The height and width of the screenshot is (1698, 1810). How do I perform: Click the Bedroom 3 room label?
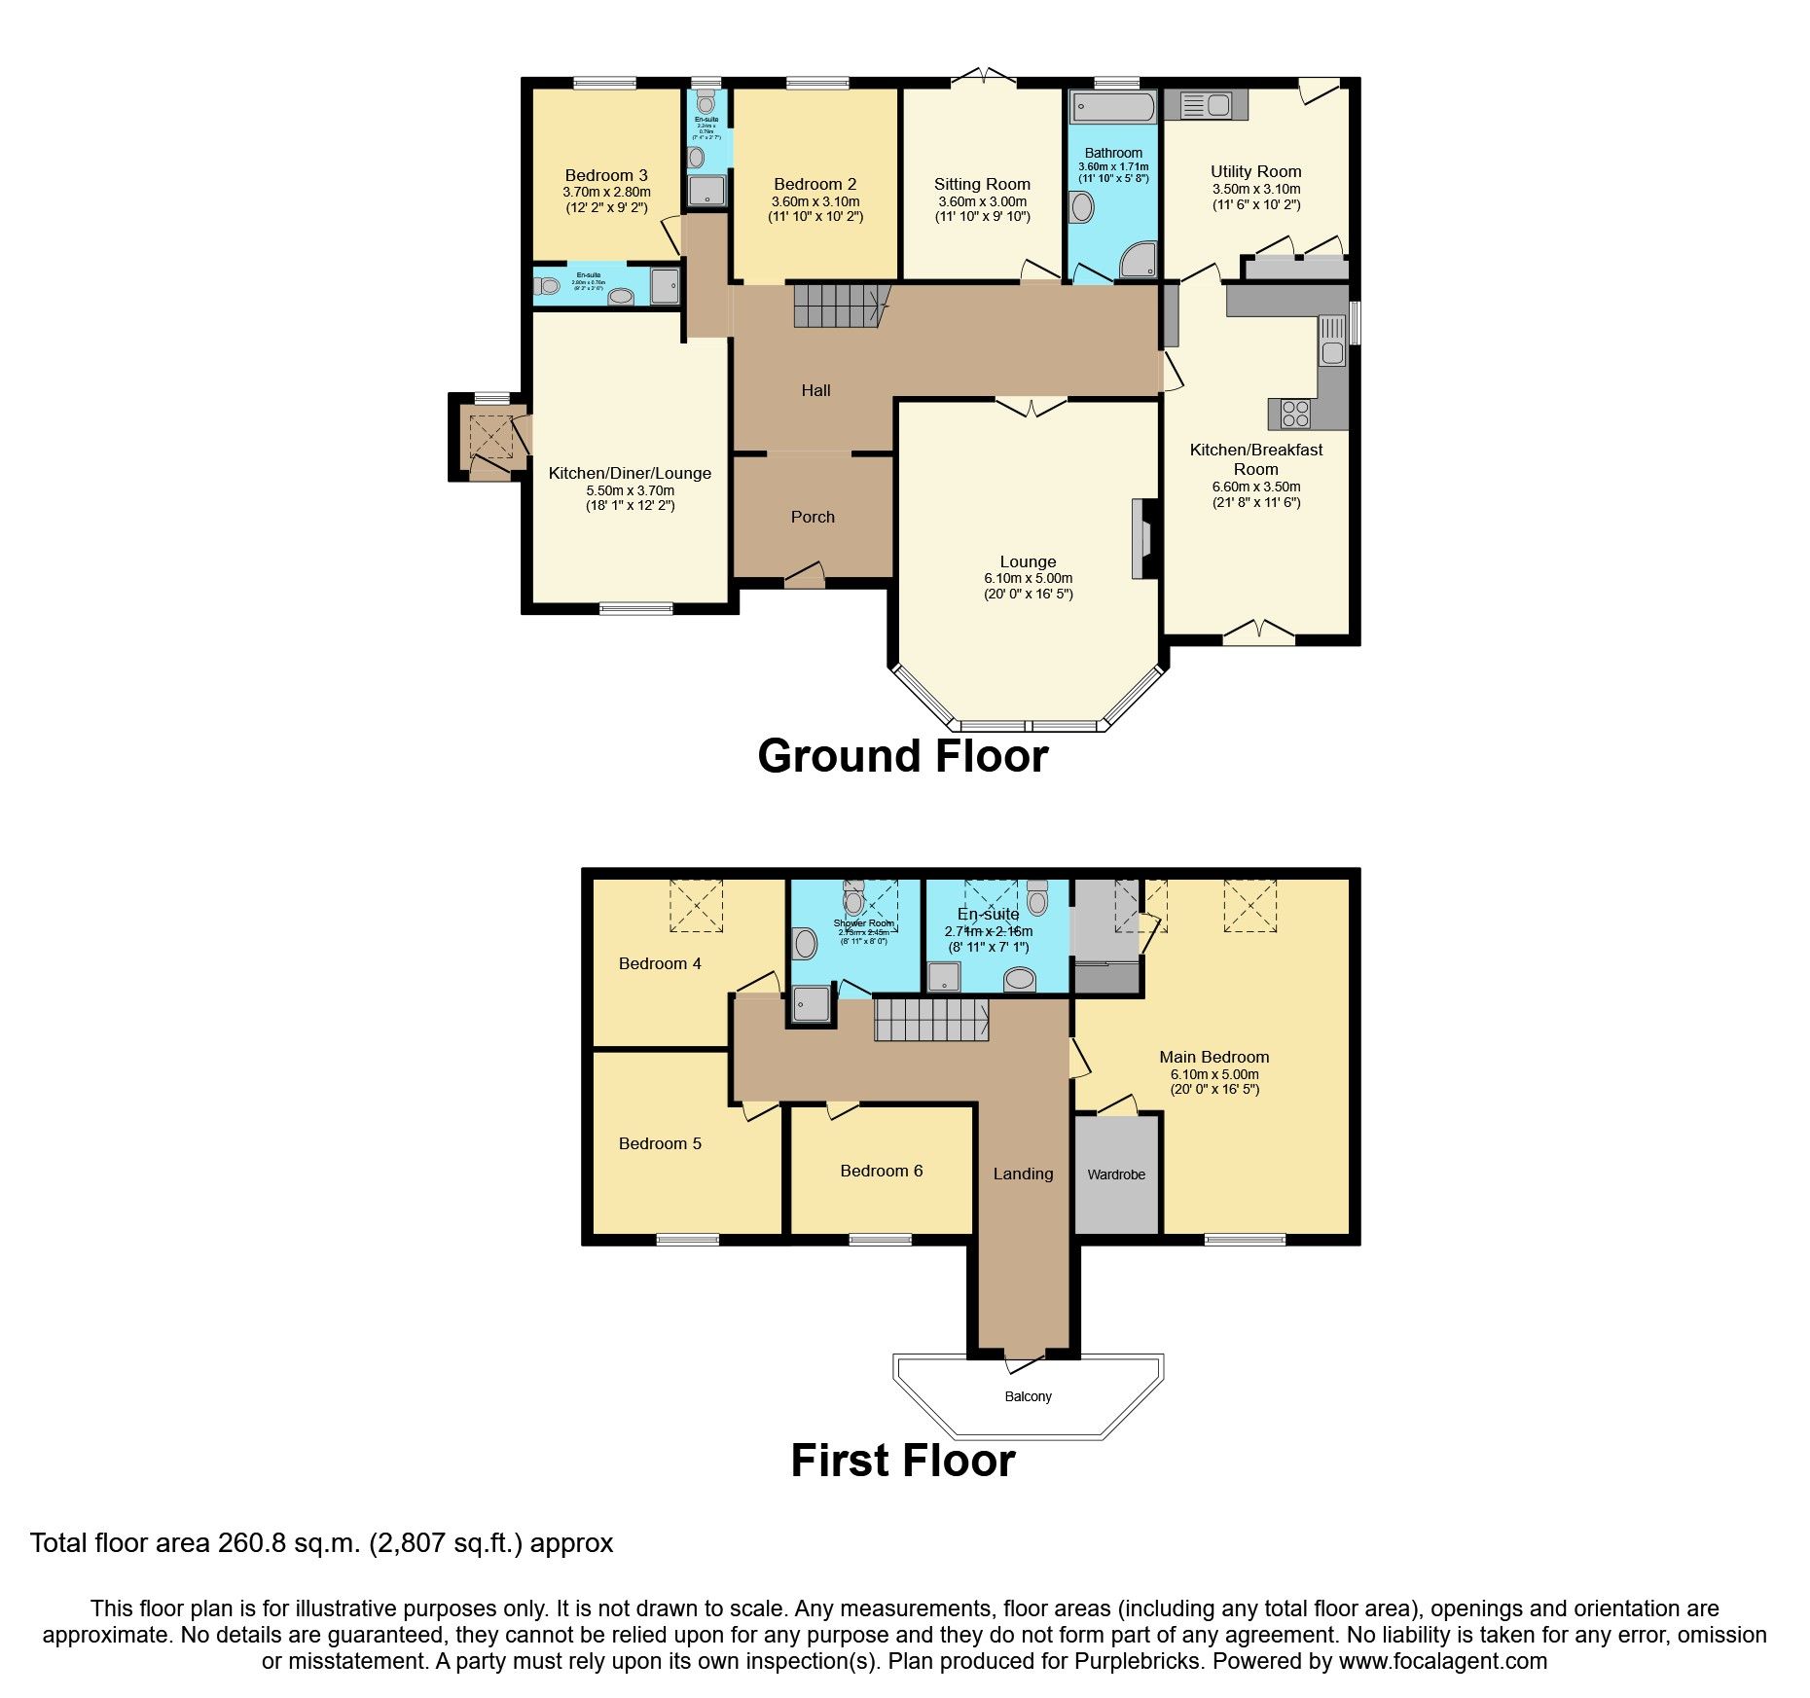pos(605,175)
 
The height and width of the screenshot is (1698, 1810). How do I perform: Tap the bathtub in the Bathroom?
pos(1112,107)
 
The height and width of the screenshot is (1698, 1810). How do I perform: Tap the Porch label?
pos(813,517)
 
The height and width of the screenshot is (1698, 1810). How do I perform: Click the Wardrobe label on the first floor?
pos(1116,1174)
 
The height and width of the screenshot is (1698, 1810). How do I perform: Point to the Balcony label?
pos(1028,1396)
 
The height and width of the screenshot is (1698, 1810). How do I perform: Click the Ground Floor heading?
pos(902,756)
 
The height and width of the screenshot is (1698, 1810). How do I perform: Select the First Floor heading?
pos(902,1461)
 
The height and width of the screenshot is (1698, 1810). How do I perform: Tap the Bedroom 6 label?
pos(881,1171)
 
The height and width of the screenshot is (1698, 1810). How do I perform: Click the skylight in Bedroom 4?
pos(696,905)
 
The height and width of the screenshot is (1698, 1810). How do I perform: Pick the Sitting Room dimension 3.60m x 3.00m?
pos(982,201)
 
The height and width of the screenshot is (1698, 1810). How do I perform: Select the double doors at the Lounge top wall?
pos(1031,405)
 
